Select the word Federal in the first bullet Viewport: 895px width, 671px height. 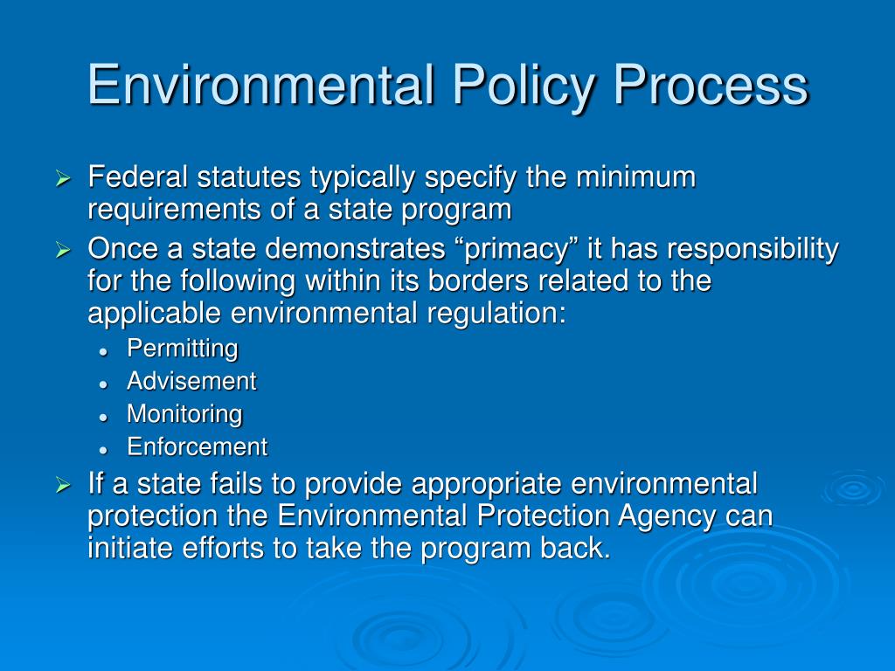coord(137,177)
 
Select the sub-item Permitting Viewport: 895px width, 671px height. coord(182,349)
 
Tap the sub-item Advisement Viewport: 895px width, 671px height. coord(191,381)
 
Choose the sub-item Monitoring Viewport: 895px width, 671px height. coord(184,414)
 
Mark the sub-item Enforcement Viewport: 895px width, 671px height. coord(197,447)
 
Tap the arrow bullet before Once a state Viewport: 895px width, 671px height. coord(62,252)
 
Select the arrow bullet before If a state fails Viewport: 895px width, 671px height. coord(62,485)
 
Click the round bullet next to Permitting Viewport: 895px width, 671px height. coord(103,350)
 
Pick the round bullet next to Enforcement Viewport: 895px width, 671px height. coord(103,449)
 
